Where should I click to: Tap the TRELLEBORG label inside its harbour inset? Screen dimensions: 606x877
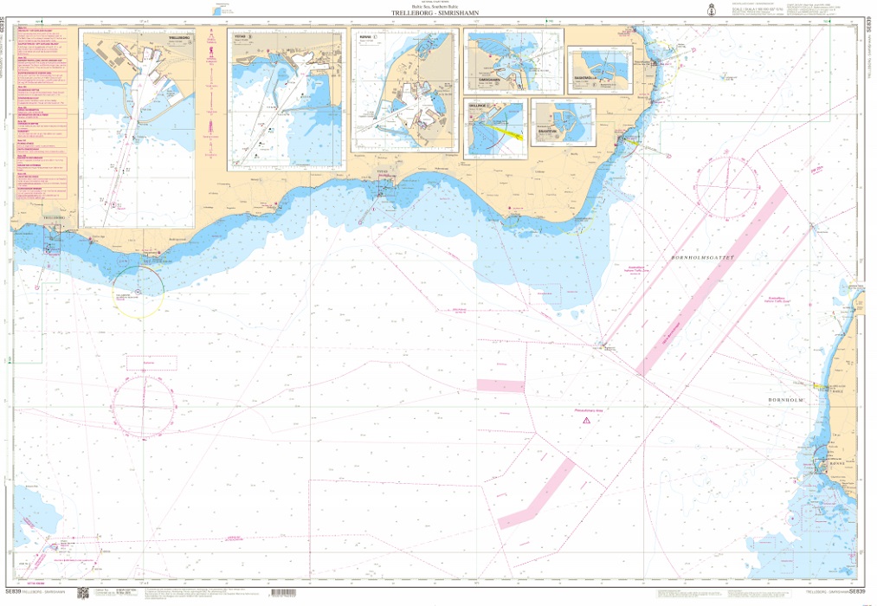(x=179, y=39)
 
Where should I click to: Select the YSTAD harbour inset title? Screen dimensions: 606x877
(x=243, y=37)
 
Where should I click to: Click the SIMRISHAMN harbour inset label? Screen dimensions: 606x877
(x=489, y=78)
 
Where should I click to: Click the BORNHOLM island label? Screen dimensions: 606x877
(x=787, y=401)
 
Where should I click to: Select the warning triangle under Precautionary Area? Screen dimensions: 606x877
(x=586, y=420)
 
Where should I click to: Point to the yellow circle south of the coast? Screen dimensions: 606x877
(x=137, y=291)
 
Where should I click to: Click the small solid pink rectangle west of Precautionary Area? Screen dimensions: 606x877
(x=501, y=385)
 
